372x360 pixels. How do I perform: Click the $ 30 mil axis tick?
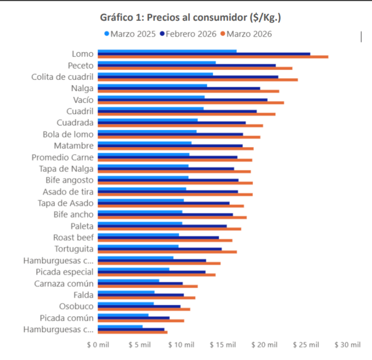347,345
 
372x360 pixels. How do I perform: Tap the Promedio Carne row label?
62,157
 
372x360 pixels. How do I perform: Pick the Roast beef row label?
73,237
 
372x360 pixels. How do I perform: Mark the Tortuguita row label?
74,249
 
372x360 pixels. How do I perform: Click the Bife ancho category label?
73,214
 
